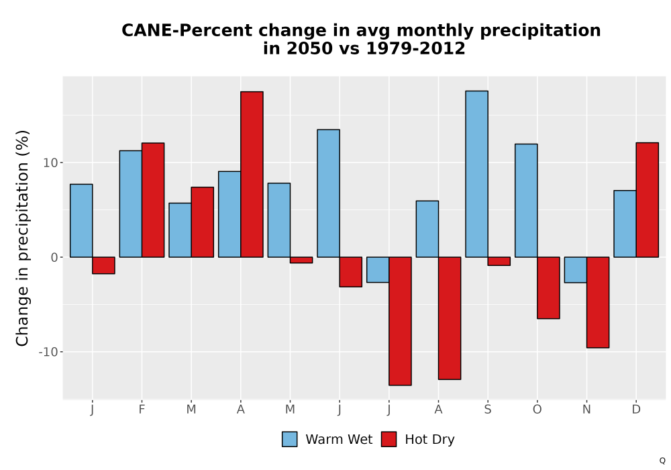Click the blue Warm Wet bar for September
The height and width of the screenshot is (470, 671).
pos(476,174)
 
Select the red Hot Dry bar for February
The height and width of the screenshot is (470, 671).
pos(153,200)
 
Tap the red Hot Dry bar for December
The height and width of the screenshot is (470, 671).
pos(647,200)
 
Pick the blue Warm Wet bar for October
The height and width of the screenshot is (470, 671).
pos(526,200)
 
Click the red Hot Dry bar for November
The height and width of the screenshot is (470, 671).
pos(598,302)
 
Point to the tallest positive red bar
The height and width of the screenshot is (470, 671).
pos(252,174)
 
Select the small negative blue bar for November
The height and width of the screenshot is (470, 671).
pos(576,270)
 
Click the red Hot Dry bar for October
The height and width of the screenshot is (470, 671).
pos(548,287)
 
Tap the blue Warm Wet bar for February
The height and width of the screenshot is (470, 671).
pos(131,203)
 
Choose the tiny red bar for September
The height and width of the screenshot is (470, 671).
pos(499,261)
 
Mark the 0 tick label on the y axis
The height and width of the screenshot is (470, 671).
pos(54,257)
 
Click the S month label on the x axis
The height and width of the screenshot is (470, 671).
pos(487,410)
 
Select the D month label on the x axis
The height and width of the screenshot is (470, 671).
pos(636,410)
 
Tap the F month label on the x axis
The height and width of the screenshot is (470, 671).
pos(142,410)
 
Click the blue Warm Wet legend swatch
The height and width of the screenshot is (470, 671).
pos(290,439)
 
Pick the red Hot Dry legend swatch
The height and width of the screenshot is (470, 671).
pos(389,439)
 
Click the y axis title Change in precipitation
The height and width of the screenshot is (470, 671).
pos(22,238)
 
